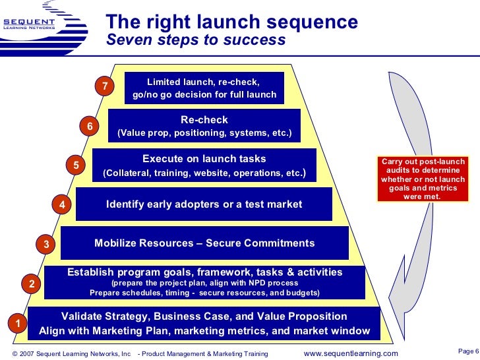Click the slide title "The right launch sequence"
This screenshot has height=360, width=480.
[x=232, y=22]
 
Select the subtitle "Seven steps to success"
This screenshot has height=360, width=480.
[x=196, y=41]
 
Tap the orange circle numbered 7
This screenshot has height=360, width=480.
[x=104, y=86]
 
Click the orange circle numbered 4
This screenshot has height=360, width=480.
[x=61, y=205]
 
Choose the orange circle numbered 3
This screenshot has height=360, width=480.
[x=46, y=245]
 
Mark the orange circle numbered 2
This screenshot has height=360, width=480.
[x=32, y=284]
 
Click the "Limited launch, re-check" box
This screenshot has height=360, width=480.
[x=204, y=88]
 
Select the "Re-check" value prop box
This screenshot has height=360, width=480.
[x=204, y=126]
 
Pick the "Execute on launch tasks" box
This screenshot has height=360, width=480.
[x=204, y=165]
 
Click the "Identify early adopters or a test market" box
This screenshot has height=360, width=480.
[x=204, y=204]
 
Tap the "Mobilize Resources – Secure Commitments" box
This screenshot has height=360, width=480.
[x=204, y=243]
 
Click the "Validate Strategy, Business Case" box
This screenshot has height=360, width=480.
[x=204, y=323]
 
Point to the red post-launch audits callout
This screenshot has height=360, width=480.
[x=421, y=179]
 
